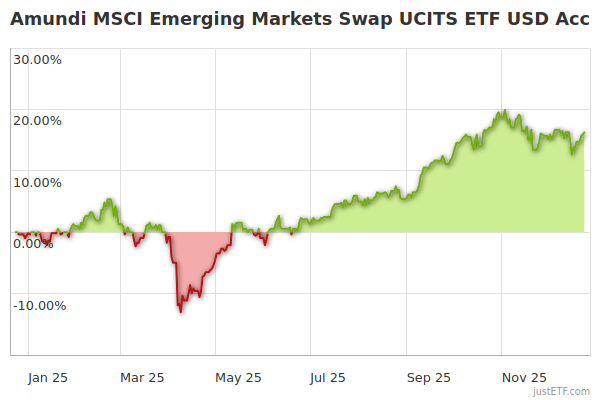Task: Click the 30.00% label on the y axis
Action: (x=37, y=59)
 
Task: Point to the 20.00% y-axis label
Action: (x=37, y=121)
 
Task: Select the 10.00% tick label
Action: (x=37, y=183)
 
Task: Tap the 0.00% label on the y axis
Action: (x=33, y=244)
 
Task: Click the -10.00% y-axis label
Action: (x=39, y=306)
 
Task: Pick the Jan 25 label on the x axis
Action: (x=47, y=377)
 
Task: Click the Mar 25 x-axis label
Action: (x=141, y=377)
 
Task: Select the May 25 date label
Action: (x=238, y=377)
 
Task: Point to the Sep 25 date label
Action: (x=430, y=377)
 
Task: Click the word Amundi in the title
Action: (x=47, y=19)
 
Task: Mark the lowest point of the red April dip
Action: (x=181, y=311)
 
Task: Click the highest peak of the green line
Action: (x=505, y=111)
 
